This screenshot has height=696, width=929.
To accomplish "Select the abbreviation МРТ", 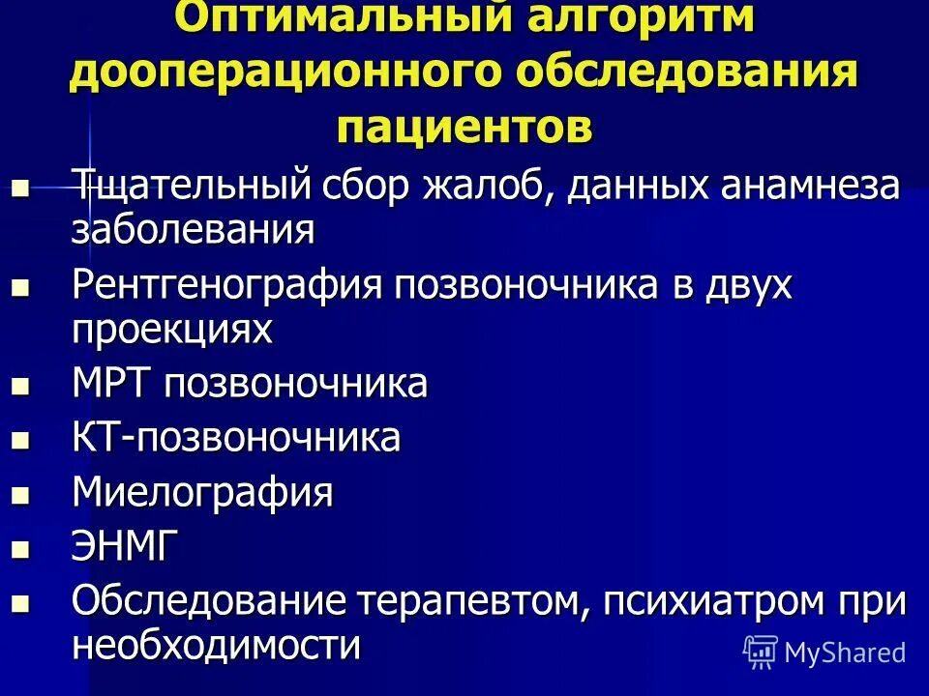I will tap(113, 384).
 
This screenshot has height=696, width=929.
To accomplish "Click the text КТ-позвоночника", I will tap(236, 438).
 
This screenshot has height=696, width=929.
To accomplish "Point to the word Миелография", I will tap(202, 492).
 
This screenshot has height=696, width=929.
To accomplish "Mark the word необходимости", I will tap(217, 645).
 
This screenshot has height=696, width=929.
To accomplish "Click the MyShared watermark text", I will tap(844, 652).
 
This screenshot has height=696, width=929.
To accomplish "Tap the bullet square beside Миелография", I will tap(20, 495).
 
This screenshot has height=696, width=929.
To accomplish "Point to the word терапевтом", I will tap(471, 601).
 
